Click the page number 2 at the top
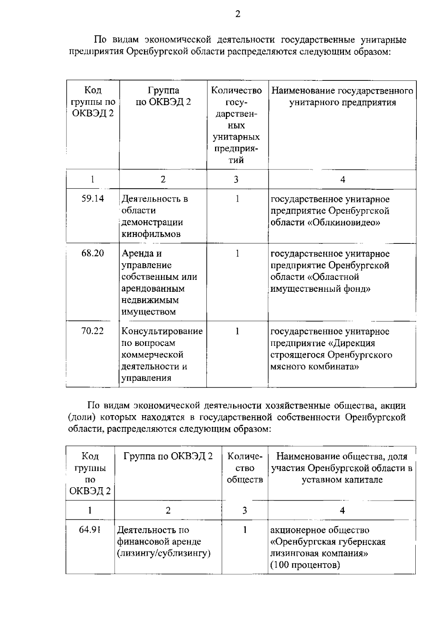point(237,14)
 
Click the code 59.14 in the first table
point(93,199)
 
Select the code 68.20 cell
point(93,254)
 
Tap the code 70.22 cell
point(93,331)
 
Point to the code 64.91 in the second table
point(90,530)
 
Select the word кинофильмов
point(151,234)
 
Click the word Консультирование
point(162,331)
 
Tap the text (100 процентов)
point(305,565)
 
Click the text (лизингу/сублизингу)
point(164,553)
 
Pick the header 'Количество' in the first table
point(237,91)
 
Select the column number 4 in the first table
point(342,180)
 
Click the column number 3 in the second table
point(245,510)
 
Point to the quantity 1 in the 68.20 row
point(237,254)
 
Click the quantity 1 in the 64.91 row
point(245,530)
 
